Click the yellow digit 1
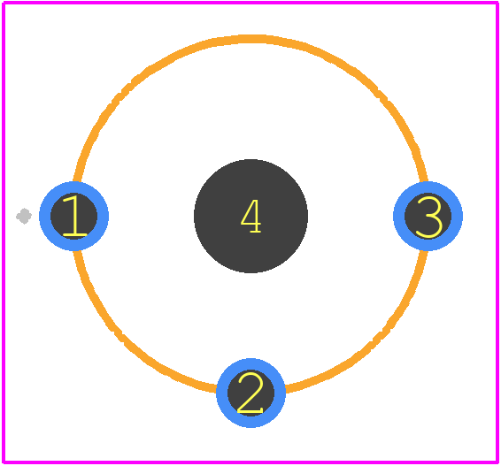pos(74,216)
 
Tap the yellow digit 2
pos(250,393)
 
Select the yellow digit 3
pos(428,217)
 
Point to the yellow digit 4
pos(251,217)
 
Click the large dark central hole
pos(250,216)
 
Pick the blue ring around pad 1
pos(45,216)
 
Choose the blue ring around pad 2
pos(250,363)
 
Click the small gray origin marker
pos(24,216)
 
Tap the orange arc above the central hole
pos(250,39)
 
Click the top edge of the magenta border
pos(250,3)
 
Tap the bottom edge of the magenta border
pos(250,462)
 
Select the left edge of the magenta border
pos(4,233)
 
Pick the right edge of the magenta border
pos(497,233)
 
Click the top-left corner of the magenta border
pos(4,3)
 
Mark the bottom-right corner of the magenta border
pos(497,462)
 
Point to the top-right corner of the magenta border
pos(497,3)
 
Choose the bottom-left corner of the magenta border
pos(4,462)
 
